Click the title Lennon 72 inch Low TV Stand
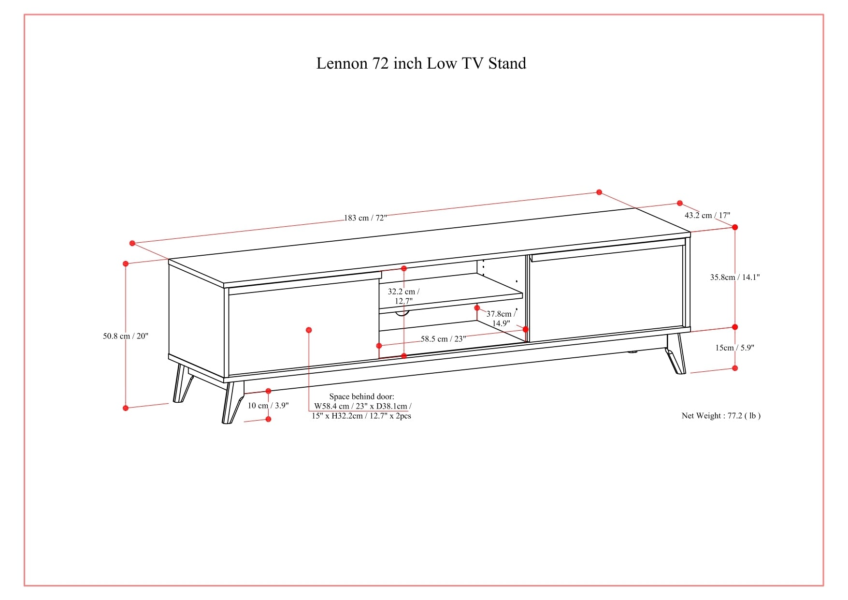point(421,63)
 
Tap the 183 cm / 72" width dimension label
point(365,218)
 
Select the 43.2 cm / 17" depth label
point(707,216)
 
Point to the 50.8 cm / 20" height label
point(125,336)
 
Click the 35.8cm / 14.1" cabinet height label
point(734,278)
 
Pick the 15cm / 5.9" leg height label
point(734,348)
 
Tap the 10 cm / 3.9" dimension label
point(268,406)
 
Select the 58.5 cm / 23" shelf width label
point(443,339)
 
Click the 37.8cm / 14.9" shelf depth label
point(501,319)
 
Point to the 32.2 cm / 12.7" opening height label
point(403,296)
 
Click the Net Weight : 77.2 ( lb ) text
point(721,416)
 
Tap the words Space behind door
point(361,397)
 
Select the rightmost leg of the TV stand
point(676,355)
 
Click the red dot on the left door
point(309,330)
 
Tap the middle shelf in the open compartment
point(449,293)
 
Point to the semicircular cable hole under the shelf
point(402,314)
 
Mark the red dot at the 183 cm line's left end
point(132,243)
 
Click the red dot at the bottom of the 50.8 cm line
point(126,408)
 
